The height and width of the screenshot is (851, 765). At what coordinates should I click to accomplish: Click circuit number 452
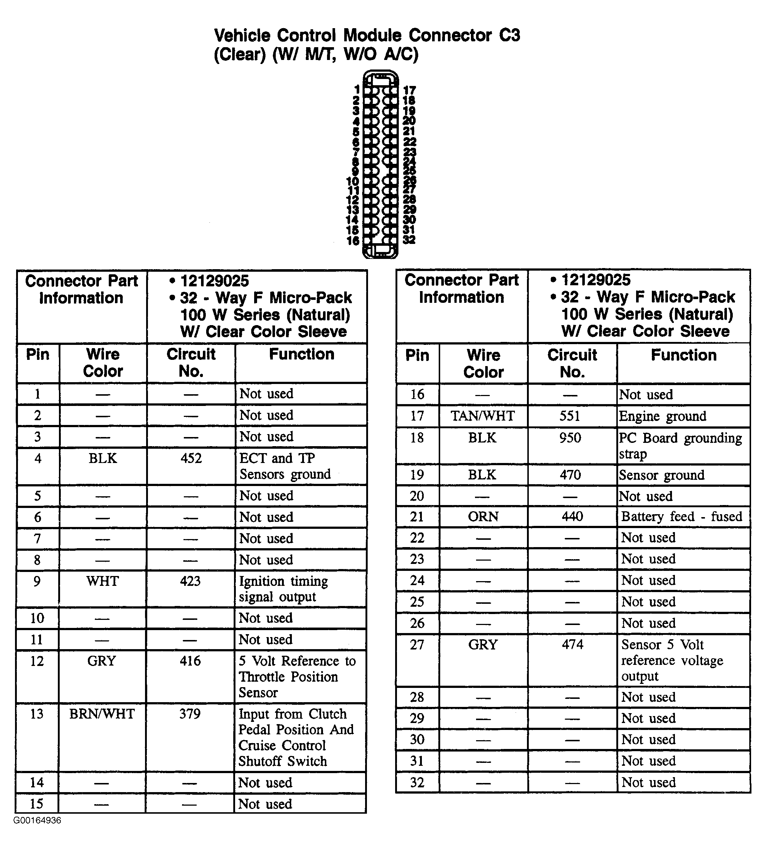(191, 458)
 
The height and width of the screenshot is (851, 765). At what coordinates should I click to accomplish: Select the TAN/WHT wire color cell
(483, 416)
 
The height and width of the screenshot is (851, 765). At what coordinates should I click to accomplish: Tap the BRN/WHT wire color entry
(102, 714)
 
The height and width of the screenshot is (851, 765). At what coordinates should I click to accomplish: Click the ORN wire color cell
(483, 516)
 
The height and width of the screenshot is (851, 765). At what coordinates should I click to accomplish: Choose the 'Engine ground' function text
(662, 417)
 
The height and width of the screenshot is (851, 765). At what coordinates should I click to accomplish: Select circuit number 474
(572, 644)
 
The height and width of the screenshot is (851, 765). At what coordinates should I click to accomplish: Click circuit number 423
(190, 581)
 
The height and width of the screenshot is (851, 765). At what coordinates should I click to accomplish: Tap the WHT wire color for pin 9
(103, 581)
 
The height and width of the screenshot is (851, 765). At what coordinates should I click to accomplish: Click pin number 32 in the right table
(417, 783)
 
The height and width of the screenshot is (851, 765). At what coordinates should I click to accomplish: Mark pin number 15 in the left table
(37, 803)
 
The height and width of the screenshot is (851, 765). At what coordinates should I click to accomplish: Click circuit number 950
(570, 438)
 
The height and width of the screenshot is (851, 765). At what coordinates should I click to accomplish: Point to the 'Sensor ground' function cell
(662, 475)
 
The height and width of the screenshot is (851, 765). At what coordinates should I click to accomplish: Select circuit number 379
(190, 714)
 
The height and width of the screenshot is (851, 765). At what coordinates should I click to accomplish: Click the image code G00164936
(37, 821)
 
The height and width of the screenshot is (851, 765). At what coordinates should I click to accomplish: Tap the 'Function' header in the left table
(301, 354)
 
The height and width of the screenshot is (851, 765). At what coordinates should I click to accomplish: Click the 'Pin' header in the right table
(417, 355)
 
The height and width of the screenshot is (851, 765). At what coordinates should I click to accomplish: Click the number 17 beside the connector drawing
(409, 90)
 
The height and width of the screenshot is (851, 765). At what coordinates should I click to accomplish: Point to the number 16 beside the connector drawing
(353, 241)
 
